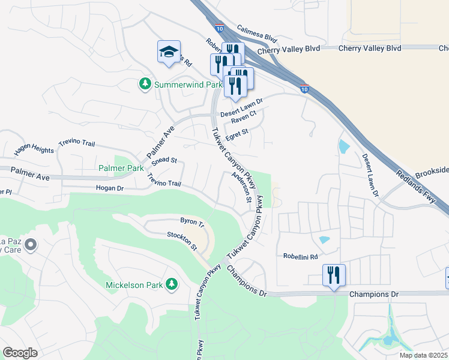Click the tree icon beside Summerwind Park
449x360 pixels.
(x=145, y=85)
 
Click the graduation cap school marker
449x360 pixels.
(x=169, y=53)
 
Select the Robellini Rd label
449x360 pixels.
(x=300, y=256)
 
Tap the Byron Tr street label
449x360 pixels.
(x=193, y=223)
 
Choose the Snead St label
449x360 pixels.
(x=164, y=160)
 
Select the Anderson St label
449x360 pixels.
(x=241, y=187)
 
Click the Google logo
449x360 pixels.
(x=20, y=352)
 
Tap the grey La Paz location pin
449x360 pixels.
(x=31, y=245)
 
